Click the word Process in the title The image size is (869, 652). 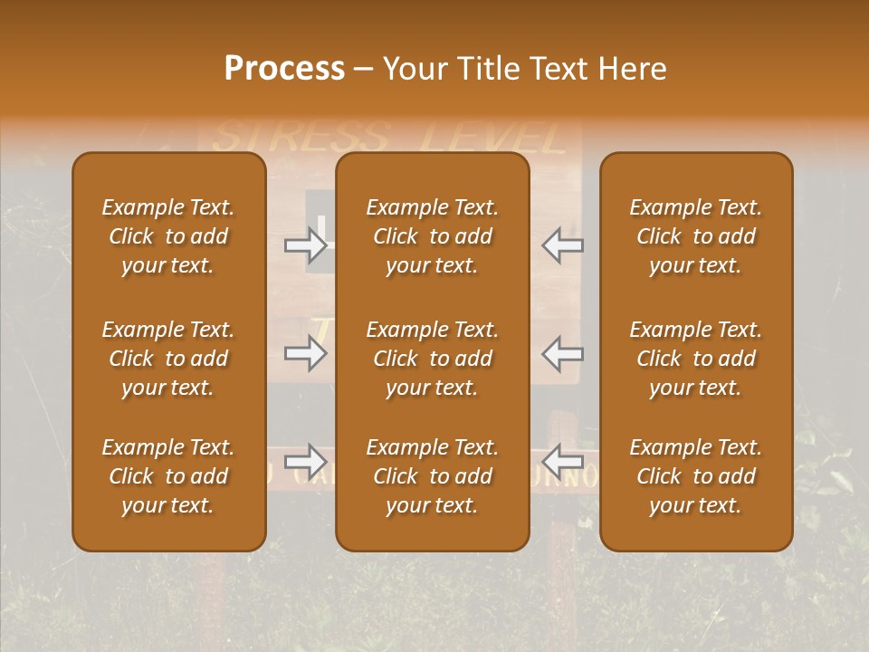(x=284, y=69)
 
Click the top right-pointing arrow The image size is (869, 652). (x=305, y=244)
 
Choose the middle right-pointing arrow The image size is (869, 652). (x=305, y=353)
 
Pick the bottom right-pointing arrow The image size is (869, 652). (x=305, y=461)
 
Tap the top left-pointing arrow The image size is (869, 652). (x=562, y=244)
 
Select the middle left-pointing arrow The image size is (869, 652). (x=562, y=353)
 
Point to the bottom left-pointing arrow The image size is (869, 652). (x=562, y=461)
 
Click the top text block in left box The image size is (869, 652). (x=168, y=236)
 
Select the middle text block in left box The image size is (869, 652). (x=168, y=359)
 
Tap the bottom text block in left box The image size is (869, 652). (x=168, y=476)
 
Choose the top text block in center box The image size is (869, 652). (x=432, y=236)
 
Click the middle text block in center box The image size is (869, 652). (x=432, y=359)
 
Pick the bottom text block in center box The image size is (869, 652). (x=432, y=476)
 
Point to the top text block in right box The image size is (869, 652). (x=695, y=236)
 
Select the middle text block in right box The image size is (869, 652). (x=695, y=359)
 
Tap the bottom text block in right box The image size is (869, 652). (x=695, y=476)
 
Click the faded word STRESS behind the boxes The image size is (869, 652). (x=299, y=139)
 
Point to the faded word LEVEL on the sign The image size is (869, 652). (x=493, y=139)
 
